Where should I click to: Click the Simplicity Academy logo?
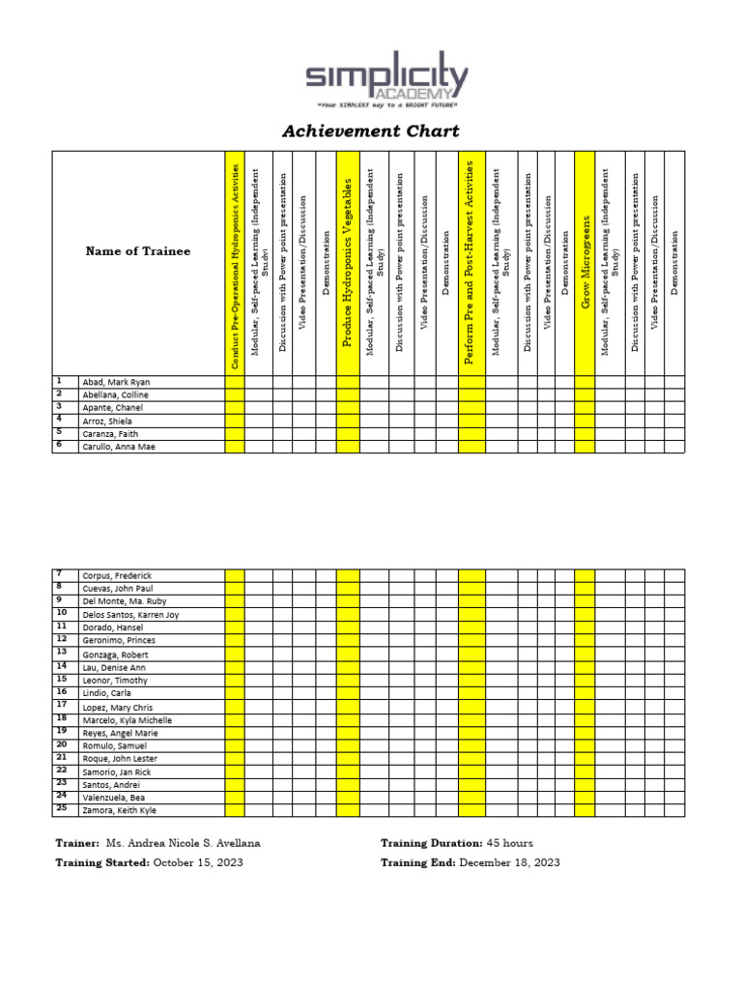point(386,81)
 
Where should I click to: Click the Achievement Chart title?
point(370,131)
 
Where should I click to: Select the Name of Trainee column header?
point(138,251)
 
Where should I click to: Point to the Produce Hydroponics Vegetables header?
point(348,263)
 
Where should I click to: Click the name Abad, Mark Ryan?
point(116,382)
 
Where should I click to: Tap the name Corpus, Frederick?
point(117,576)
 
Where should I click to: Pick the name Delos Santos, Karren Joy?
point(130,615)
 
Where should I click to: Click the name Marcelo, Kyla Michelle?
point(128,720)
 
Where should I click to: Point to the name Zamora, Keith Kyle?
point(119,810)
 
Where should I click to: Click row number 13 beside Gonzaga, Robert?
point(61,654)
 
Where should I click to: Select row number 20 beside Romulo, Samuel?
point(61,744)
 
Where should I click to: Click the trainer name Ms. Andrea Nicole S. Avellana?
point(183,843)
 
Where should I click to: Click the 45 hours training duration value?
point(509,843)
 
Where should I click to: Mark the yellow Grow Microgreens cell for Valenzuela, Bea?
point(585,798)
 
